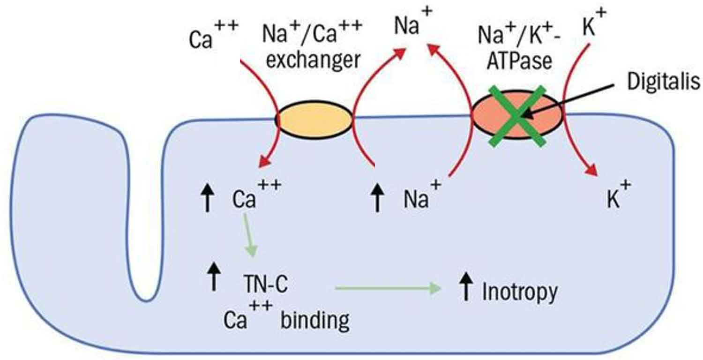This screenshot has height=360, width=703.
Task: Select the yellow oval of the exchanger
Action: pos(315,120)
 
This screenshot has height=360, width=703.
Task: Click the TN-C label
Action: pos(265,285)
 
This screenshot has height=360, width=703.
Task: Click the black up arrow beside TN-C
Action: pos(214,276)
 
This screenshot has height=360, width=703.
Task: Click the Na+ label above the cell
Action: pos(412,24)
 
